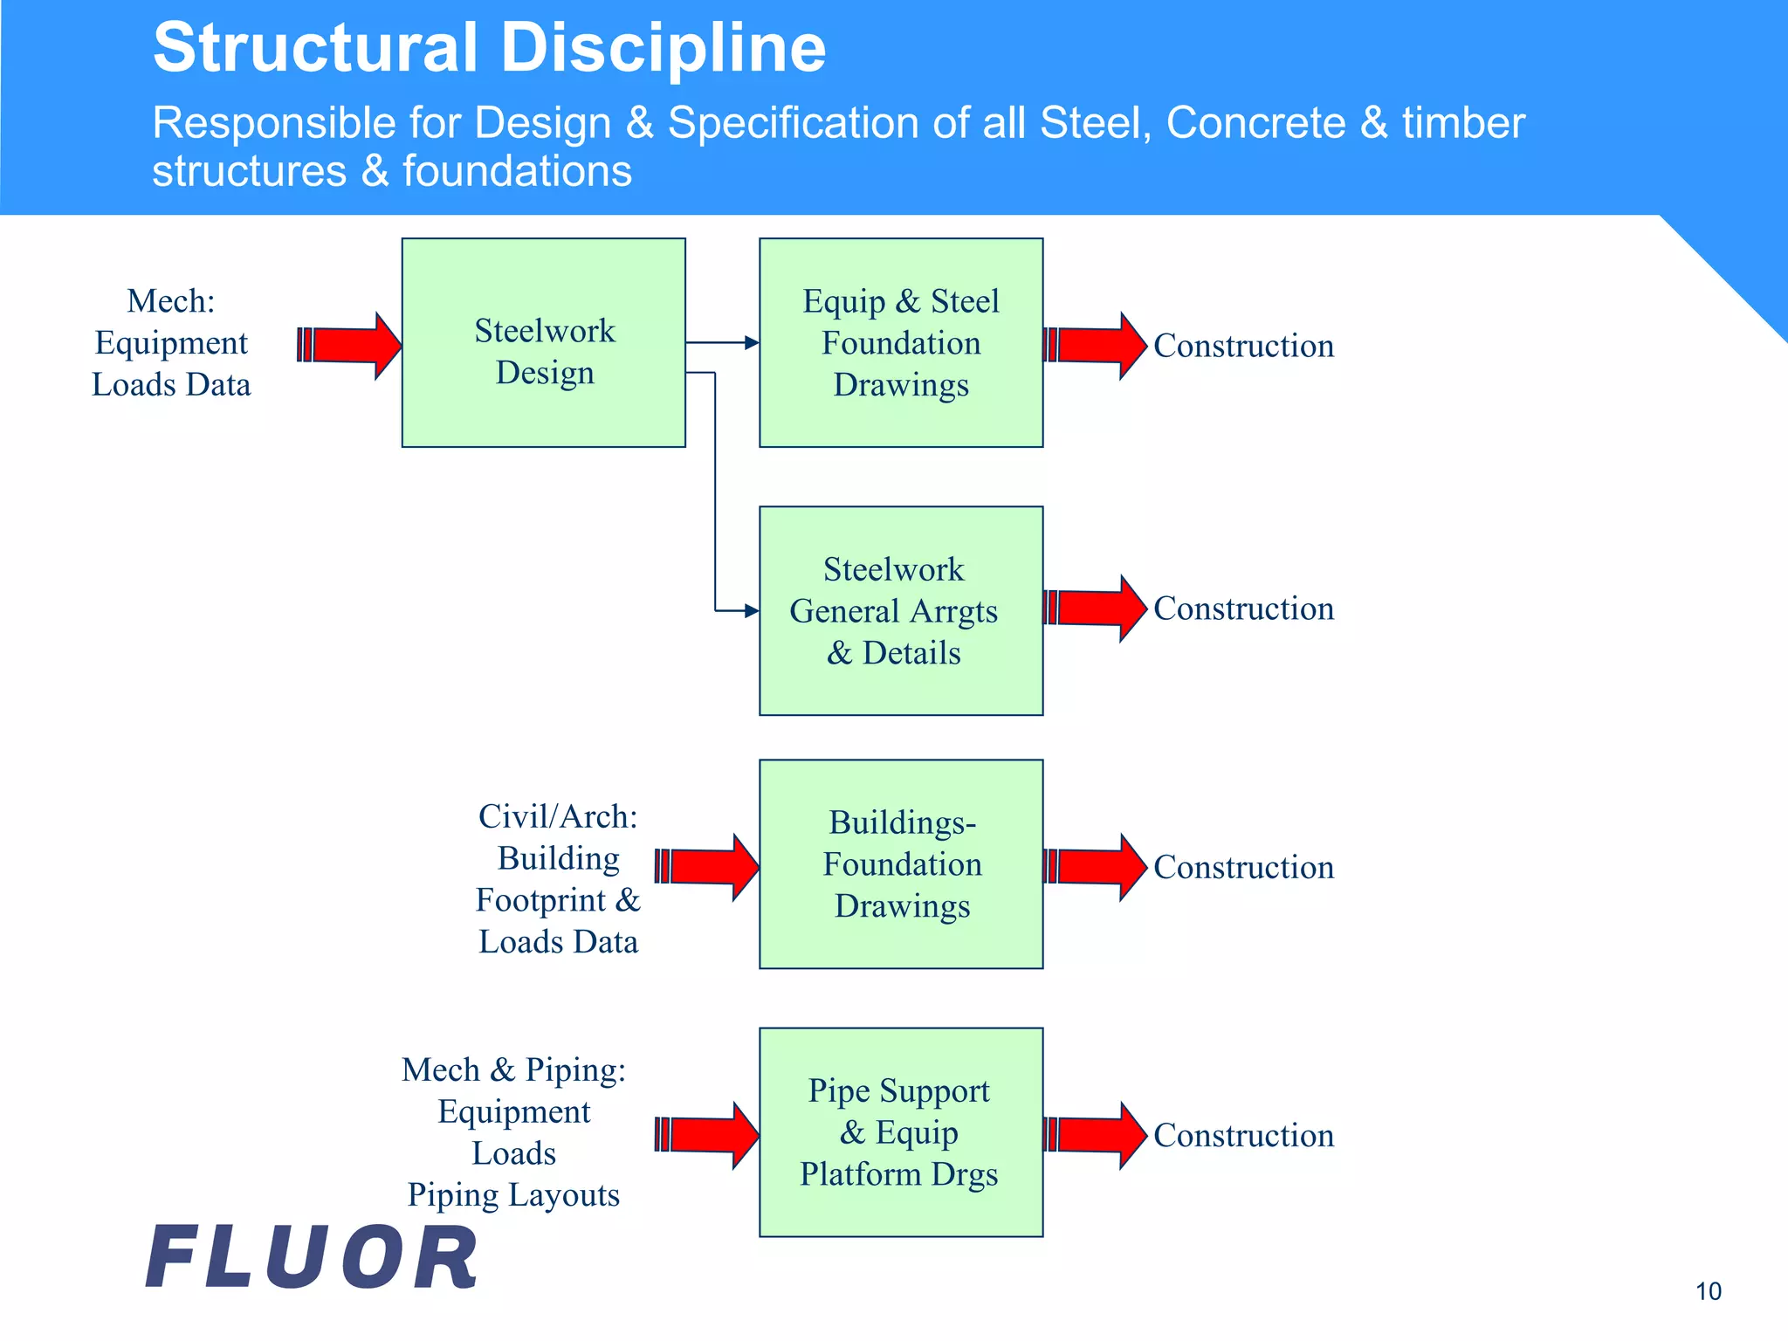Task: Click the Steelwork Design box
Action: tap(543, 342)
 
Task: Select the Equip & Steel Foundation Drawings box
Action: tap(901, 342)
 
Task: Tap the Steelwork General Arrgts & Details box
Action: tap(901, 610)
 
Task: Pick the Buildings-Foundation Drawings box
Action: tap(901, 863)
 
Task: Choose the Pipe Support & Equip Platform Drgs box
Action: tap(901, 1131)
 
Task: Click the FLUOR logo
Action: tap(313, 1257)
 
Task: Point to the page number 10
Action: tap(1708, 1291)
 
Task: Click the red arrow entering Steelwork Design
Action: tap(349, 346)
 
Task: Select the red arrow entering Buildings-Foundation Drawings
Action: tap(706, 867)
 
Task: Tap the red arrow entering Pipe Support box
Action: tap(706, 1135)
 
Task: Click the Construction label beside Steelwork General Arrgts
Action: tap(1243, 609)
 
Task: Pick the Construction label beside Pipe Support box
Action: tap(1243, 1135)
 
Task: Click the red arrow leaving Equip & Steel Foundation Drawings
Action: tap(1095, 346)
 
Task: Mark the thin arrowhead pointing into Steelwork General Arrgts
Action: tap(751, 611)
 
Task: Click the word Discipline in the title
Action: tap(664, 48)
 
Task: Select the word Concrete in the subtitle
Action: tap(1255, 122)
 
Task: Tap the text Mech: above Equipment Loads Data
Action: tap(171, 301)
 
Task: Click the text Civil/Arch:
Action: tap(558, 816)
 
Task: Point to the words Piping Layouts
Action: tap(513, 1194)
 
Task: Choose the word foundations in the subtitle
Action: tap(517, 171)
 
